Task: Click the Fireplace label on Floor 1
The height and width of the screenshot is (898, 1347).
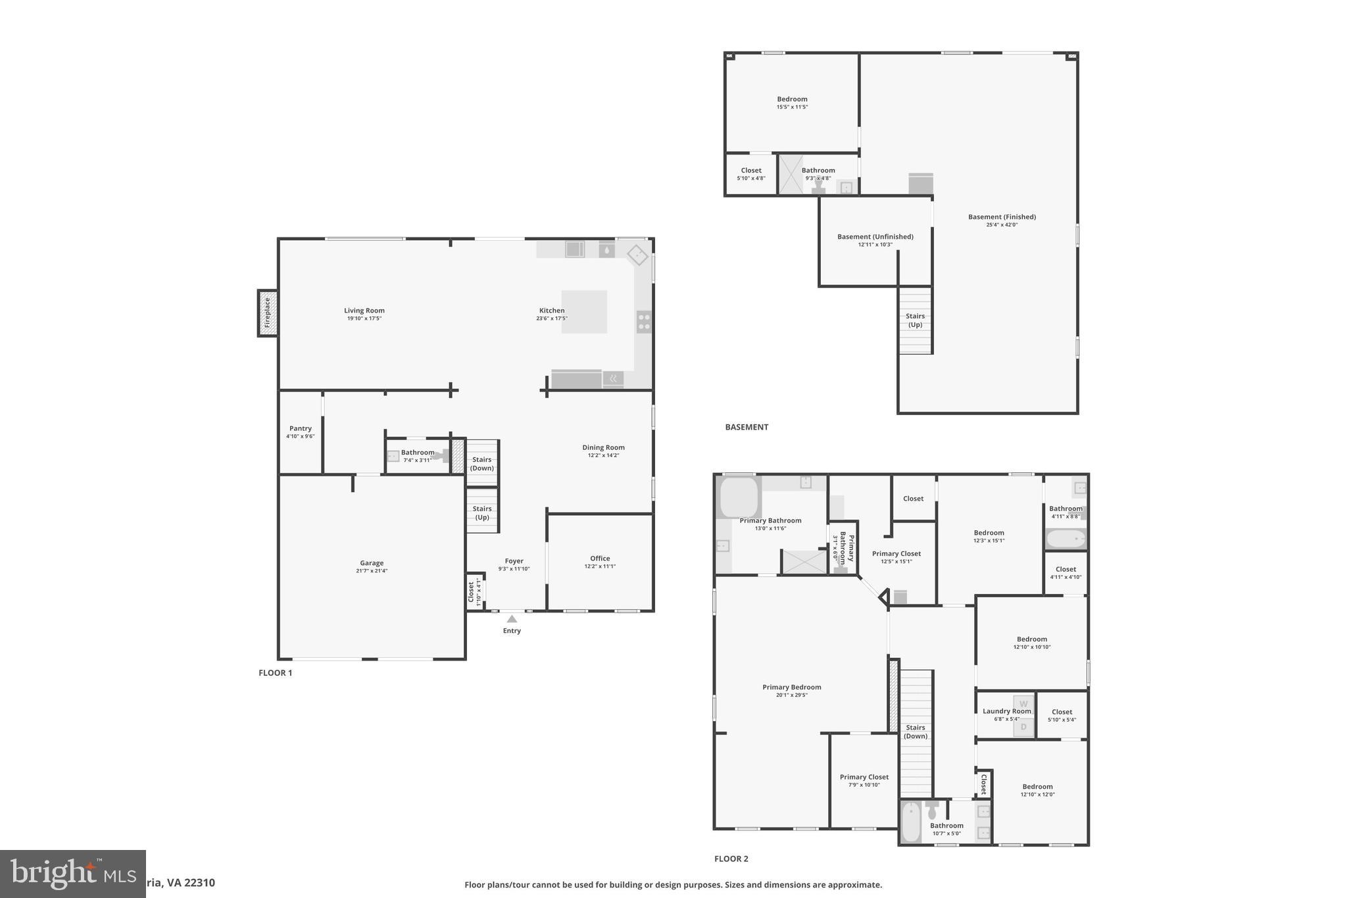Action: tap(267, 313)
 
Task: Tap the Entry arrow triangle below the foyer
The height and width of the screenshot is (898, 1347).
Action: tap(512, 619)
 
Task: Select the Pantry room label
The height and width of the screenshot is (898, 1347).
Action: tap(301, 428)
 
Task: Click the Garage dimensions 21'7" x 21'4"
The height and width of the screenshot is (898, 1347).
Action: tap(372, 571)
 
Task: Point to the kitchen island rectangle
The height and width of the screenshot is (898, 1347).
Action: tap(584, 312)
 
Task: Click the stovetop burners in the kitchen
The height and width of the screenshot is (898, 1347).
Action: tap(644, 322)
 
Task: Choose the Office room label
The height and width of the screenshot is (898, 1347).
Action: tap(600, 559)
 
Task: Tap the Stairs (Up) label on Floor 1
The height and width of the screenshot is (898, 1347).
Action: tap(482, 512)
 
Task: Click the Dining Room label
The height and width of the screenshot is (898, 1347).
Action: tap(603, 447)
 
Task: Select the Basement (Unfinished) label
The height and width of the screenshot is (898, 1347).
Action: tap(875, 237)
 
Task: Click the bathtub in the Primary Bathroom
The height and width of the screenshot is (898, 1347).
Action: tap(740, 497)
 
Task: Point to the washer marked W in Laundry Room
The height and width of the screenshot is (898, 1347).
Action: tap(1023, 704)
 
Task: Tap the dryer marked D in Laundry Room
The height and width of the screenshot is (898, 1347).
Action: tap(1023, 727)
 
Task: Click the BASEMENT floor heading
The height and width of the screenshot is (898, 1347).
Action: tap(747, 427)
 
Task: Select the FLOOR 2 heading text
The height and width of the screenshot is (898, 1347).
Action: tap(731, 859)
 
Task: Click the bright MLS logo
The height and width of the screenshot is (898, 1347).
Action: tap(72, 874)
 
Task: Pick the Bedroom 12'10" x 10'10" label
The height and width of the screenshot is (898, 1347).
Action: tap(1032, 639)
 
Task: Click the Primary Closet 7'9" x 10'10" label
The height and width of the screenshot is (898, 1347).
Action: tap(864, 778)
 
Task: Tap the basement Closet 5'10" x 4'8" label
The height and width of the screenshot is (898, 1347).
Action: tap(751, 170)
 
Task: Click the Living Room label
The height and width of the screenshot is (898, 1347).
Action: tap(364, 311)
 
